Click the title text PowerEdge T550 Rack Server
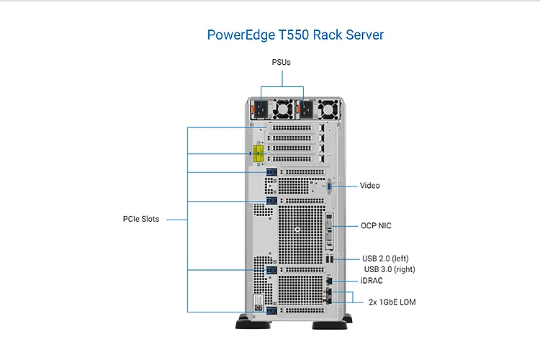tap(295, 35)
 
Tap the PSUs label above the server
tap(282, 62)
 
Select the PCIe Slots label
tap(141, 219)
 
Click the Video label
tap(370, 186)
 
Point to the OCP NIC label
tap(376, 226)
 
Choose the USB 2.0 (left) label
tap(386, 258)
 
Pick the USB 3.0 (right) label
tap(390, 269)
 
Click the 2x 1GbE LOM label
tap(392, 302)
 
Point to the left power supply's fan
tap(282, 109)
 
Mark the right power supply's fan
tap(328, 109)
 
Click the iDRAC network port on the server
tap(330, 281)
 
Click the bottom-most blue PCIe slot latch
tap(271, 311)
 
